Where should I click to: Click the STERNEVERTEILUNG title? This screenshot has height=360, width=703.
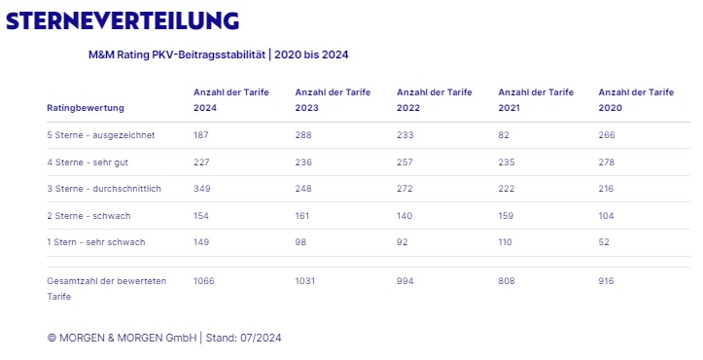(x=123, y=21)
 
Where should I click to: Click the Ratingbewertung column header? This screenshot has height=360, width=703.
(x=86, y=108)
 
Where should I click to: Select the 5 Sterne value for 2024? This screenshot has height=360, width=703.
(x=201, y=135)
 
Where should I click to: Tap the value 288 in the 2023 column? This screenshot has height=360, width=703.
(x=303, y=135)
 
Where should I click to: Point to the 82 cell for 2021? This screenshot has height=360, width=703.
(x=504, y=135)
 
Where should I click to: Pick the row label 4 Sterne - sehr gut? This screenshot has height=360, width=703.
(x=88, y=162)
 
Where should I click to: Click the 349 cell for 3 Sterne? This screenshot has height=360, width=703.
(x=201, y=189)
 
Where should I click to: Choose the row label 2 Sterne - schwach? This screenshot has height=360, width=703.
(x=88, y=216)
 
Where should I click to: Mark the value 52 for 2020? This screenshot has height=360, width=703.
(x=604, y=242)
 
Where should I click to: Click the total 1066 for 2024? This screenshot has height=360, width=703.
(x=204, y=281)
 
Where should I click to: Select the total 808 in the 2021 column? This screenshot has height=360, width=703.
(x=507, y=281)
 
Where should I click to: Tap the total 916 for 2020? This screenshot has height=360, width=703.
(x=606, y=281)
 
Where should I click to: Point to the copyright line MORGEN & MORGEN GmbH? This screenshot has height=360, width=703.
(x=122, y=338)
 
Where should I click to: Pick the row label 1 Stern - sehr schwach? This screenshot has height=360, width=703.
(x=96, y=242)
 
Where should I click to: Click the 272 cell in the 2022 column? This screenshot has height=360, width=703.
(x=404, y=189)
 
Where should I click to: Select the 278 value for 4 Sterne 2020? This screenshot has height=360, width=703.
(x=606, y=162)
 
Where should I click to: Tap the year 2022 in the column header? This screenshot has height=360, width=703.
(x=408, y=108)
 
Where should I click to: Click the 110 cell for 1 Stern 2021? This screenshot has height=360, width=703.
(x=505, y=242)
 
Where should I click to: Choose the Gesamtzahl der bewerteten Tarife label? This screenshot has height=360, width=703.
(x=107, y=289)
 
